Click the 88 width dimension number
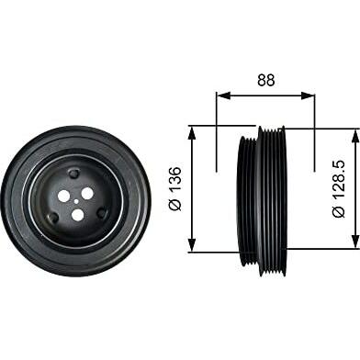pos(266,80)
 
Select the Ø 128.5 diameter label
pos(339,189)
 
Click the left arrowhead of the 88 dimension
pos(223,96)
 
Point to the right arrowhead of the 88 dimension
pos(308,96)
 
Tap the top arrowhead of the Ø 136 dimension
pos(192,132)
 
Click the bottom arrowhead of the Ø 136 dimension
pos(192,245)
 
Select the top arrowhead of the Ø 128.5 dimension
pos(355,136)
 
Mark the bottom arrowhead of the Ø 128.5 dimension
pos(355,242)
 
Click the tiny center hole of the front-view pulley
pos(76,201)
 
